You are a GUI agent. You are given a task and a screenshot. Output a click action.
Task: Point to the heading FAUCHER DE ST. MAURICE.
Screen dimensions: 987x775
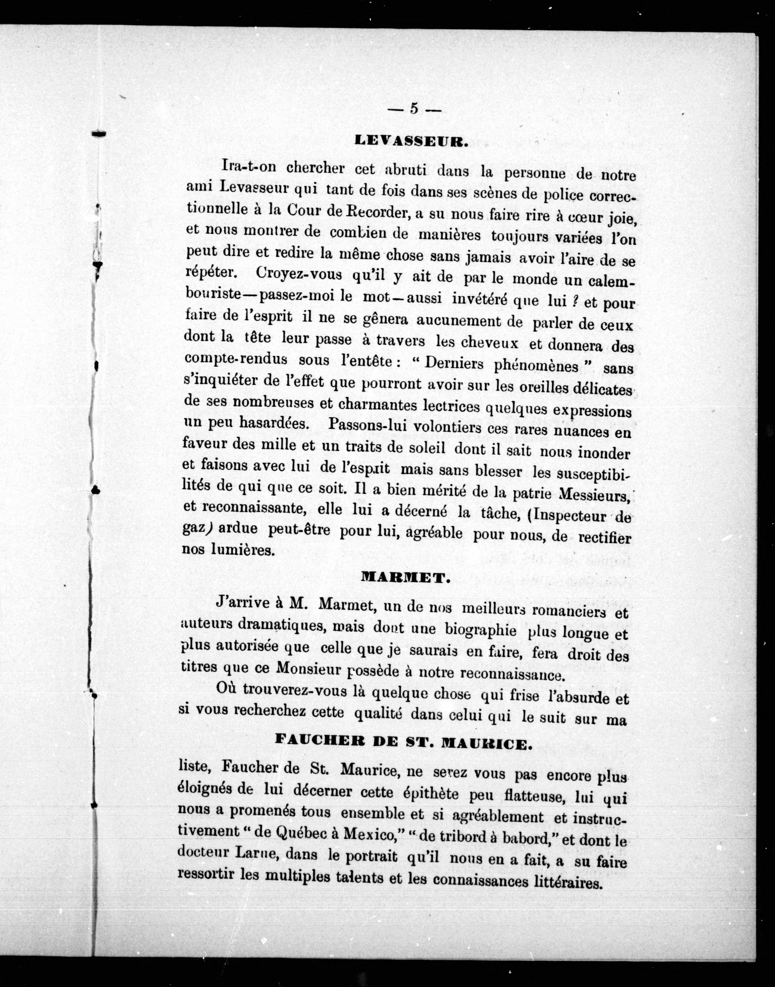pos(404,744)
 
